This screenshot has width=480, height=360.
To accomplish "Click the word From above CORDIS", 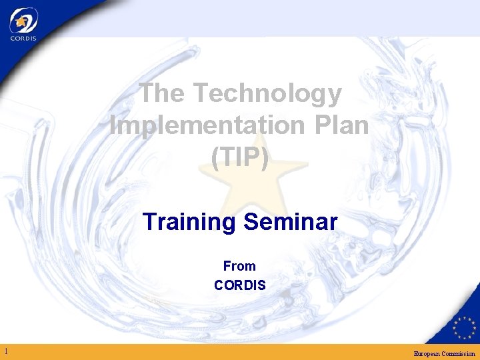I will point(239,266).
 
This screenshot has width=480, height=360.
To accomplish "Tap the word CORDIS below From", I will point(239,285).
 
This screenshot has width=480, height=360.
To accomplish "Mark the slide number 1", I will point(5,351).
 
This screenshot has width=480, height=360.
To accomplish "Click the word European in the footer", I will point(428,353).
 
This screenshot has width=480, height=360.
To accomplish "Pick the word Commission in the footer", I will point(459,353).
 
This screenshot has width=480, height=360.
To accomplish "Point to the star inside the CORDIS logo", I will point(24,21).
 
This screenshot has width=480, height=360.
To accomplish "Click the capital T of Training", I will point(150,222).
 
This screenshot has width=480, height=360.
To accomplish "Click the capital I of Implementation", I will point(113,125).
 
